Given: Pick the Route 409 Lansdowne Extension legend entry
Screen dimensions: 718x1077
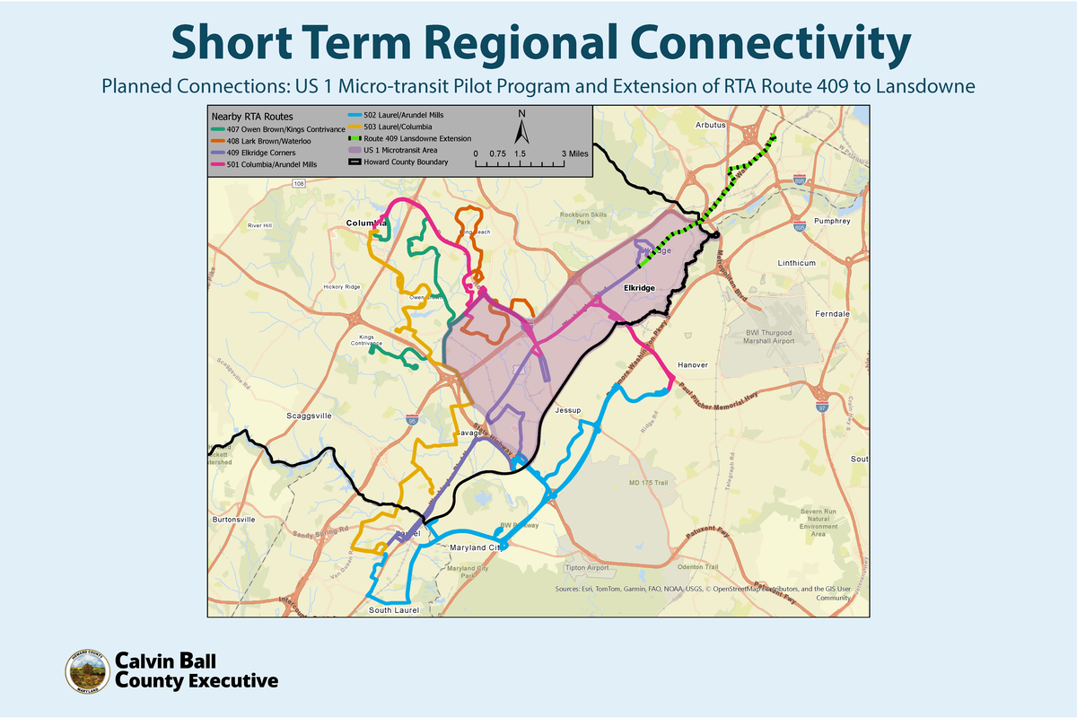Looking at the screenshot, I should click(412, 139).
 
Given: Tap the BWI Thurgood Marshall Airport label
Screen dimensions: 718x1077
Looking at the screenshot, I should click(770, 337).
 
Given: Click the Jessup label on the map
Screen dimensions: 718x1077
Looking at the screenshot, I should click(569, 410).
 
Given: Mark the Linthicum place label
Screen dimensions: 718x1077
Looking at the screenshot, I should click(796, 263).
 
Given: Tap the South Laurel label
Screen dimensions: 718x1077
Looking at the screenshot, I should click(393, 610).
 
